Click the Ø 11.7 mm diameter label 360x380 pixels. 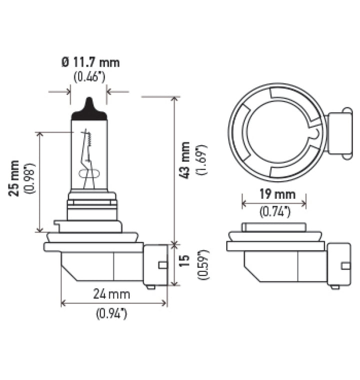tap(90, 63)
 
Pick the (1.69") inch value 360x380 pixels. tap(201, 161)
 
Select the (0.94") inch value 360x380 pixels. tap(112, 314)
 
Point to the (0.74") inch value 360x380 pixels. tap(274, 212)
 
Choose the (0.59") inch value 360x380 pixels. tap(201, 264)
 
